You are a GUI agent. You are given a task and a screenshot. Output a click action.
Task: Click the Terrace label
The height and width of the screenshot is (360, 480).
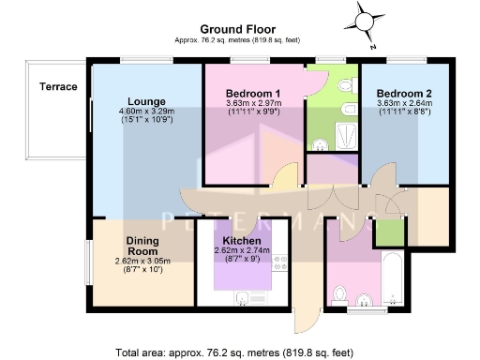click(57, 87)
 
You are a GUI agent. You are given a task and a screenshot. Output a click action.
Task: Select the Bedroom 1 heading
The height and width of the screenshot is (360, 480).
click(253, 94)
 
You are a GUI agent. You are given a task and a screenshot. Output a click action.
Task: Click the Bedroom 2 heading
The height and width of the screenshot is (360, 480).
click(404, 94)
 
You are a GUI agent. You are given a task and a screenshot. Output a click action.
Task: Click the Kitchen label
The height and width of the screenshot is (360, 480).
click(241, 240)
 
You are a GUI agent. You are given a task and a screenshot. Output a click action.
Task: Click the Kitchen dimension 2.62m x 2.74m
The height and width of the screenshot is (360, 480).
click(241, 250)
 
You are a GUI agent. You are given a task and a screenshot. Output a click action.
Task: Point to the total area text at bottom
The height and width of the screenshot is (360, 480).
click(234, 353)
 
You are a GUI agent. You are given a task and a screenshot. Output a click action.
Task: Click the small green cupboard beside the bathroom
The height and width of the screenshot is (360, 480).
click(387, 231)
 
